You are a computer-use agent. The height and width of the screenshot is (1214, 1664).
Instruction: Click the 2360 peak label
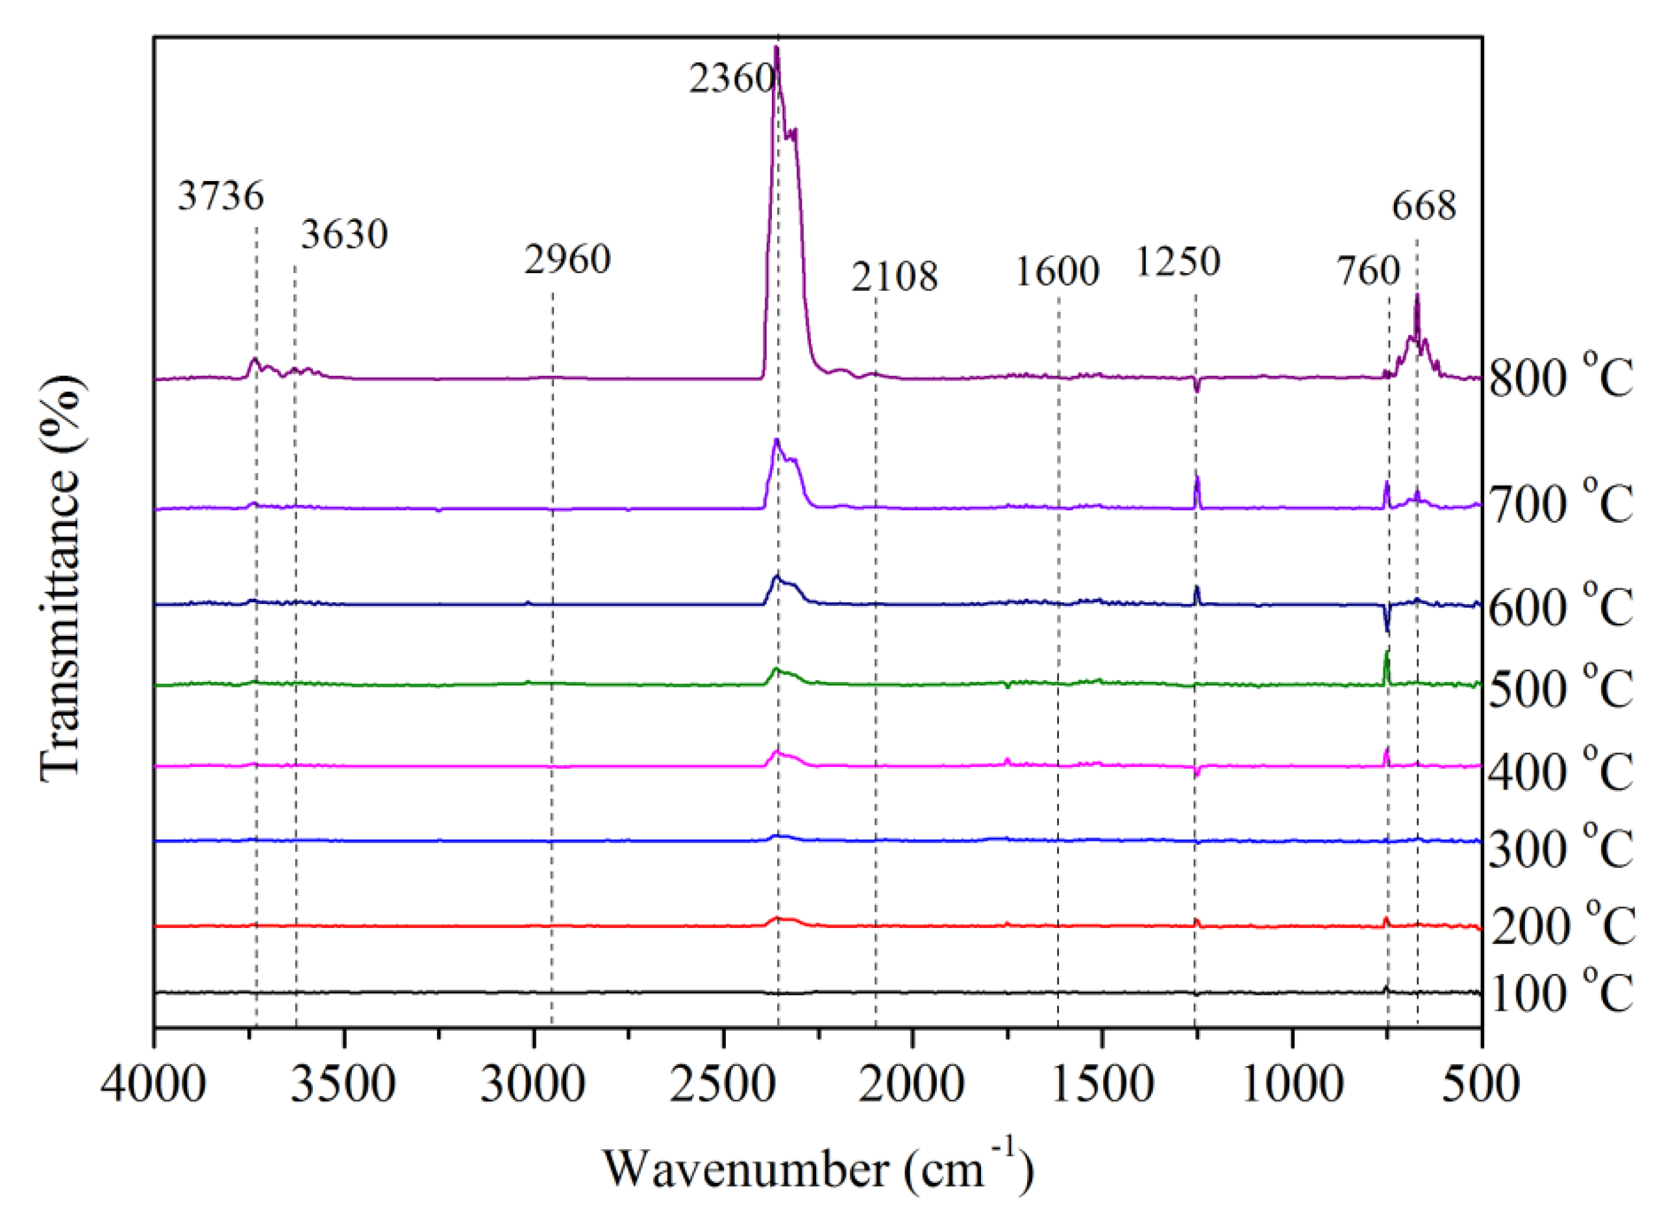(732, 78)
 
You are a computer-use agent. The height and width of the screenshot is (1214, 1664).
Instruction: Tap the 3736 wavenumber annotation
(221, 196)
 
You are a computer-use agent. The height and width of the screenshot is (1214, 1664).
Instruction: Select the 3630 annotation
(344, 235)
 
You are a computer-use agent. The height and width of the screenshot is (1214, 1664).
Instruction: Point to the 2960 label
(567, 260)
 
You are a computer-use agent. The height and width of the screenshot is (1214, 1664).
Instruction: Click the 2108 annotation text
(895, 277)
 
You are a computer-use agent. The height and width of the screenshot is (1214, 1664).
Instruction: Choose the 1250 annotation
(1178, 261)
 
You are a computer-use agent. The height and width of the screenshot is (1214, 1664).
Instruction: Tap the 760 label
(1368, 271)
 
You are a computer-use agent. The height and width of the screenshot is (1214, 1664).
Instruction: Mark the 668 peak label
(1424, 206)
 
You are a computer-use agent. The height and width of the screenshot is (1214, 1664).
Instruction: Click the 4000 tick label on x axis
(154, 1084)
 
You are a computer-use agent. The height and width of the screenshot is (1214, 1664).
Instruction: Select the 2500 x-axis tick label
(723, 1084)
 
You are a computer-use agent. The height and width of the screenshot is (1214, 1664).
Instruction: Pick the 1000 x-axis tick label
(1292, 1084)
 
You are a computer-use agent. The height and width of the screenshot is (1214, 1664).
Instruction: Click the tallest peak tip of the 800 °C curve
(776, 49)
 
